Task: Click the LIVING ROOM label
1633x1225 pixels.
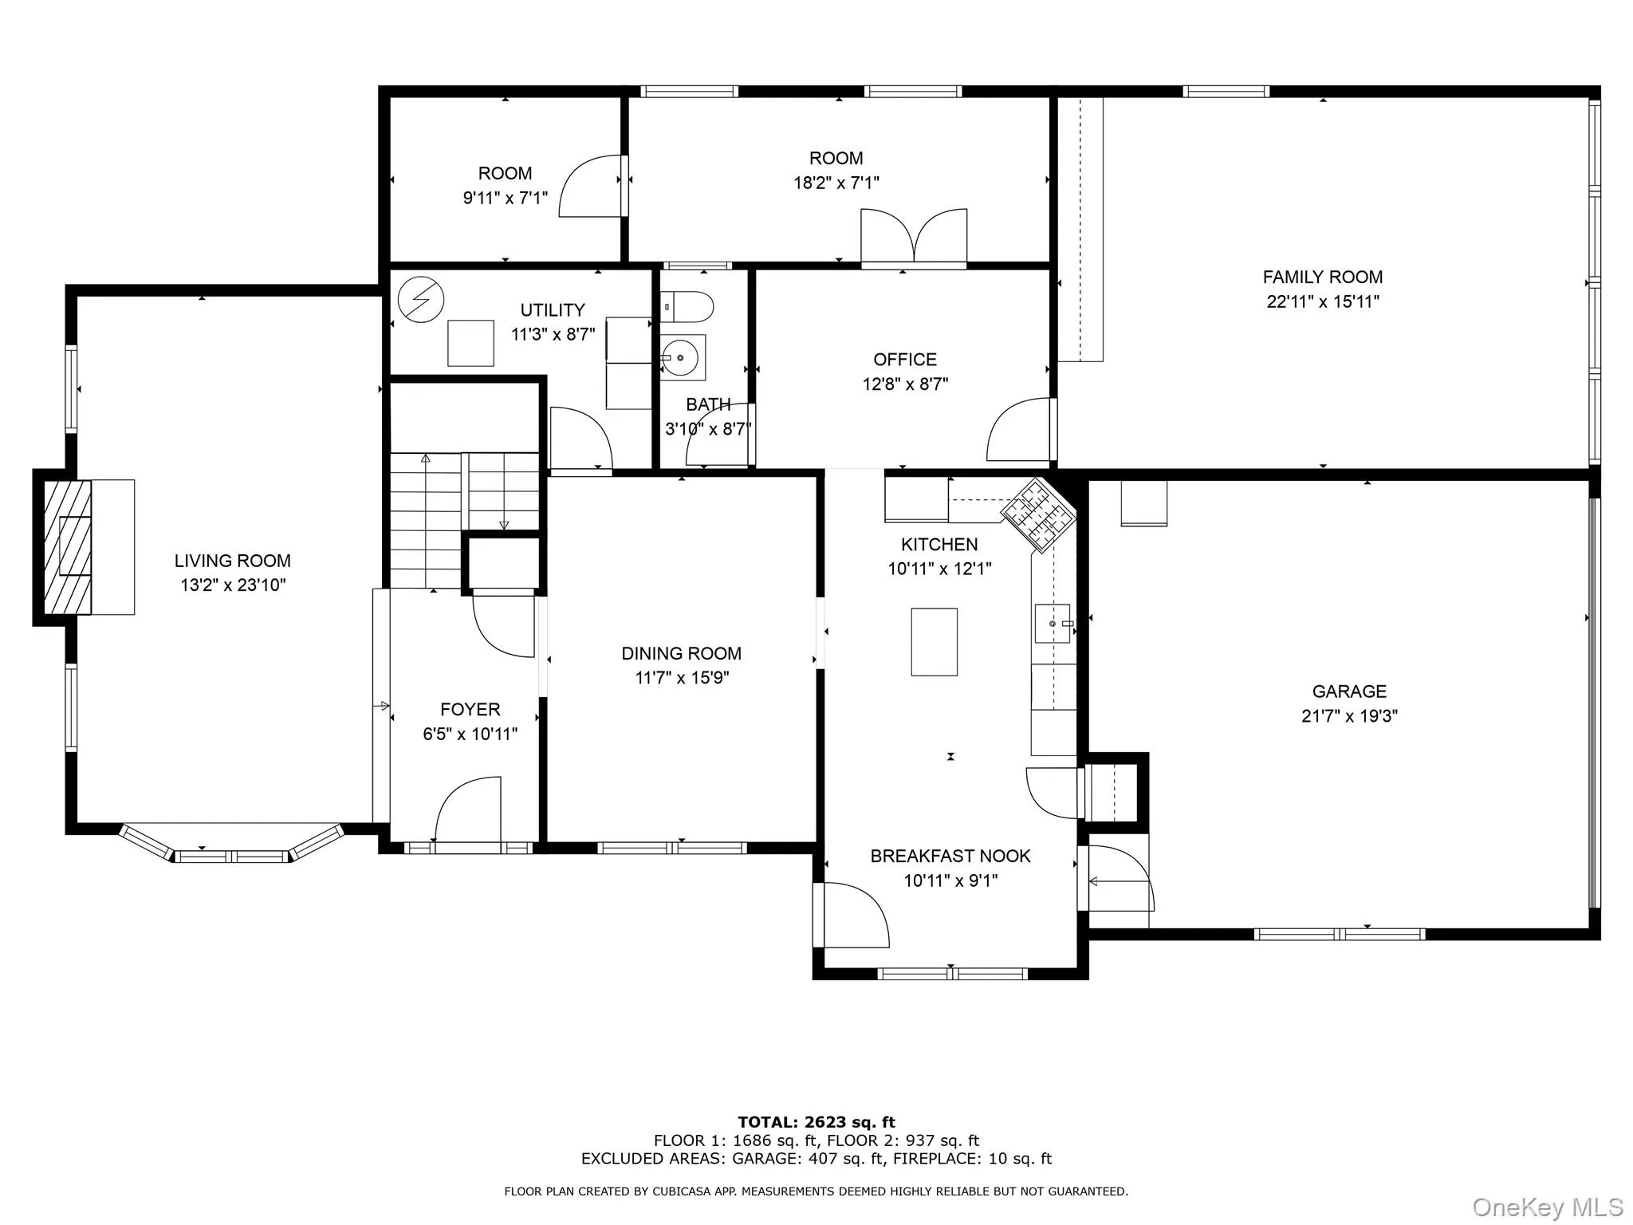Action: pyautogui.click(x=232, y=561)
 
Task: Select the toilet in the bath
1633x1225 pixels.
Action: pyautogui.click(x=691, y=306)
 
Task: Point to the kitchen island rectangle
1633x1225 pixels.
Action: pyautogui.click(x=934, y=642)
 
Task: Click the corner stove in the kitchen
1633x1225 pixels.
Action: pyautogui.click(x=1038, y=514)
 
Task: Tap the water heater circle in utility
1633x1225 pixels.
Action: pyautogui.click(x=420, y=299)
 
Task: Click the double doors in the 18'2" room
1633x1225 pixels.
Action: pyautogui.click(x=914, y=236)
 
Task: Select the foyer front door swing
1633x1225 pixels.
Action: pyautogui.click(x=469, y=809)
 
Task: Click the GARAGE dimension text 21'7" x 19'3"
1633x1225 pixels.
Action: pyautogui.click(x=1349, y=716)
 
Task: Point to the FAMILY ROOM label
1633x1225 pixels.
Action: pyautogui.click(x=1322, y=277)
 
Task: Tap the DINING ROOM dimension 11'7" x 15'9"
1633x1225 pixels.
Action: pyautogui.click(x=682, y=678)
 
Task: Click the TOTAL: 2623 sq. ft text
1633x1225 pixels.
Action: pyautogui.click(x=816, y=1122)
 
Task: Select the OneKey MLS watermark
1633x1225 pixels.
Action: pyautogui.click(x=1547, y=1207)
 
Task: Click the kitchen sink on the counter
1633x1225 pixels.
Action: pyautogui.click(x=1053, y=624)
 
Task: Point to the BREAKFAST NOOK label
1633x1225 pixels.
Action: pyautogui.click(x=950, y=856)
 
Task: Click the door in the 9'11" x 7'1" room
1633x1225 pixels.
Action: pyautogui.click(x=590, y=187)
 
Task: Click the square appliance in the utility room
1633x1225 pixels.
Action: pyautogui.click(x=470, y=343)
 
